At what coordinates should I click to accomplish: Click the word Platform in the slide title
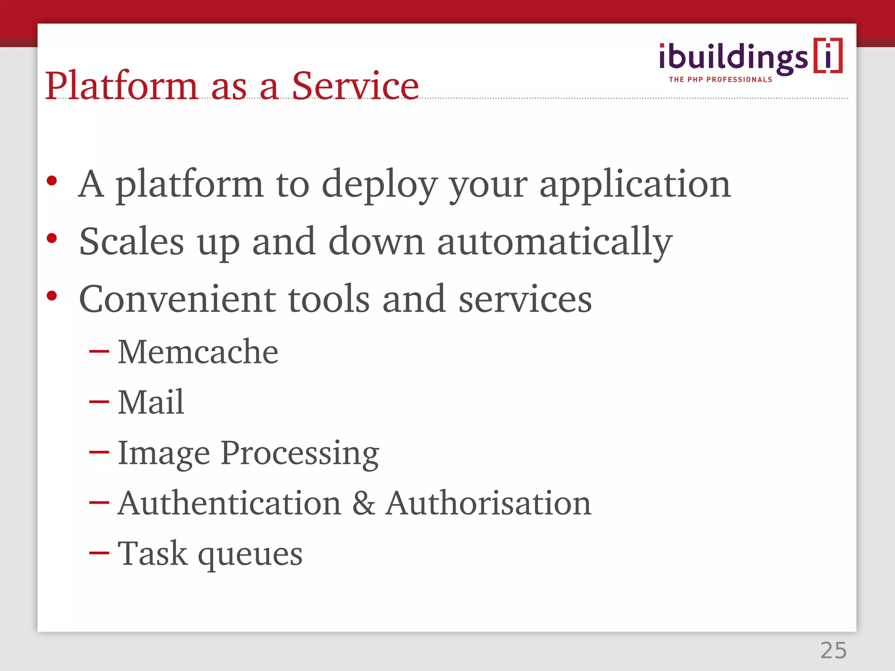click(121, 86)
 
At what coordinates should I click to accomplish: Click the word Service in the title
click(355, 86)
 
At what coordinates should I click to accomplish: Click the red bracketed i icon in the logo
click(828, 56)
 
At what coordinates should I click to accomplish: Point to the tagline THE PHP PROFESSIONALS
click(720, 80)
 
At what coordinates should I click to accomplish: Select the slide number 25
click(833, 650)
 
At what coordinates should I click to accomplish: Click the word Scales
click(132, 242)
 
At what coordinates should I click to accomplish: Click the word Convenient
click(177, 299)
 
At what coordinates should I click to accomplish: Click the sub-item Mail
click(151, 402)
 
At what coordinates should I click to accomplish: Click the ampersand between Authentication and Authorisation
click(363, 503)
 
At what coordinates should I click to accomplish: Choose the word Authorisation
click(488, 503)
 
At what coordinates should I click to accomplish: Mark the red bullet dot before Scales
click(52, 239)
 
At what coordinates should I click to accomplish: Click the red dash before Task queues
click(99, 553)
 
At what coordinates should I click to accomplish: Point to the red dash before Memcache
click(99, 351)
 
